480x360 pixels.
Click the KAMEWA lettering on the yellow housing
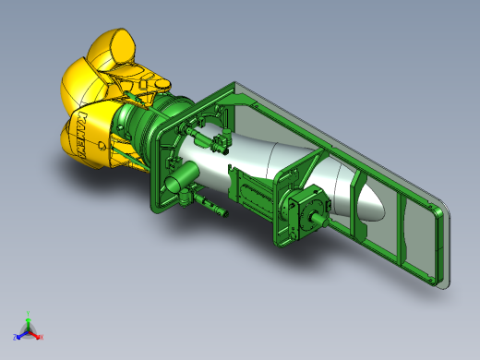coord(90,134)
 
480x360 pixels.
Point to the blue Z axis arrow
coord(19,332)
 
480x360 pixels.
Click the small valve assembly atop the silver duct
coord(216,141)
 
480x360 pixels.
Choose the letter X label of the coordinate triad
coord(42,337)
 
